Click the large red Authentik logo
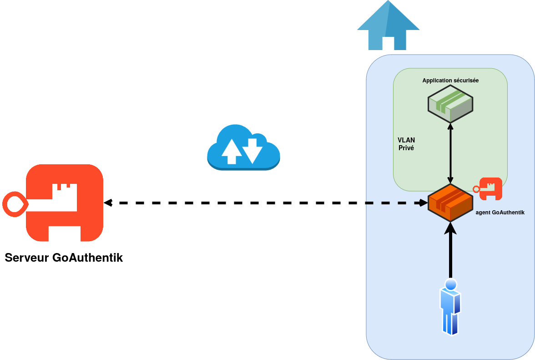click(x=64, y=203)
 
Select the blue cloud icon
click(x=243, y=148)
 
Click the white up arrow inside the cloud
click(x=232, y=151)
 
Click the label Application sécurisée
click(x=450, y=81)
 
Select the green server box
click(x=450, y=103)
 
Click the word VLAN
click(x=406, y=140)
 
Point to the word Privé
click(x=406, y=148)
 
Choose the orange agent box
click(x=450, y=203)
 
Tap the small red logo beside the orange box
click(x=490, y=188)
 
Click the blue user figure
click(x=450, y=307)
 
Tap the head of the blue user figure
click(x=451, y=285)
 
